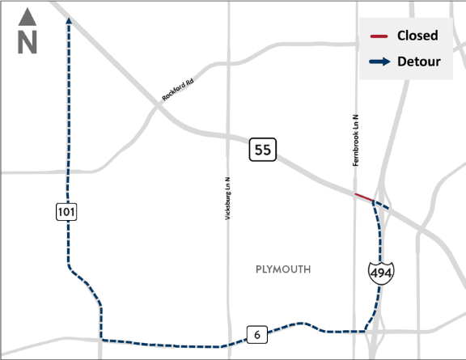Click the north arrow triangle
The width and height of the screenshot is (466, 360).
coord(28,15)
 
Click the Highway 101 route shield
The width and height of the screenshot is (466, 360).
coord(66,212)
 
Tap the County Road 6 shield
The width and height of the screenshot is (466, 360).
coord(256,334)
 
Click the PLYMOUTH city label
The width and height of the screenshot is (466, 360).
coord(282,269)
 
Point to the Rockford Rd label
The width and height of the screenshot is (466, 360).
coord(179,89)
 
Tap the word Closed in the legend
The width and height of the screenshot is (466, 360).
coord(417,36)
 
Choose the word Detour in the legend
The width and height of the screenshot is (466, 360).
coord(418,61)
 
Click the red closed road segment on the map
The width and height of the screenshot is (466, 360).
coord(363,197)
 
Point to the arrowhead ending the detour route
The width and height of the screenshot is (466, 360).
coord(67,22)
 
